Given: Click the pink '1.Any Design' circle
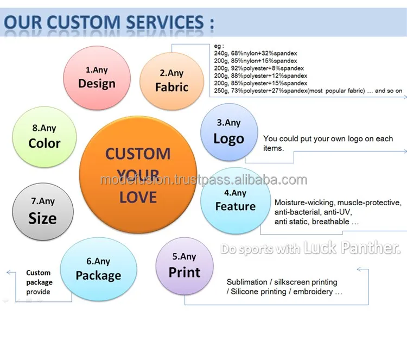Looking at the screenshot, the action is pos(97,78).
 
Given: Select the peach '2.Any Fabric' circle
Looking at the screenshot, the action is pos(171,81).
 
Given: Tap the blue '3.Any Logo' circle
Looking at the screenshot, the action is pos(229,132).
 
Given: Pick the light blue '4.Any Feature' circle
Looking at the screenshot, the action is pos(236,200).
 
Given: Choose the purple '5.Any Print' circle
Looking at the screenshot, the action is pos(185,266).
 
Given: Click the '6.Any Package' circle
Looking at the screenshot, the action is pos(98,269).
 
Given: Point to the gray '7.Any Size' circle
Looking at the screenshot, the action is pos(43,211).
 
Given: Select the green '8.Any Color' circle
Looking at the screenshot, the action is pos(44,137).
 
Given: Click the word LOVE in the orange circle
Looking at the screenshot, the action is pos(138,197).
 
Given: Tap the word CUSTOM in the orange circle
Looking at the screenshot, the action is pos(138,154).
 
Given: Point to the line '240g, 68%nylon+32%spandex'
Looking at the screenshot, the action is pos(256,54).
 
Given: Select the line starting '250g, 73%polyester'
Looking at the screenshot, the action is pos(308,91).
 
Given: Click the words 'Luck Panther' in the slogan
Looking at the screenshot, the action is pos(352,247).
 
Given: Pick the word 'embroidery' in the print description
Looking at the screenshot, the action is pos(313,292).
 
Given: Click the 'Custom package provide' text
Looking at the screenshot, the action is pos(39,282).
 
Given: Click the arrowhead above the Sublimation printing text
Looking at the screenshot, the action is pos(359,270).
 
